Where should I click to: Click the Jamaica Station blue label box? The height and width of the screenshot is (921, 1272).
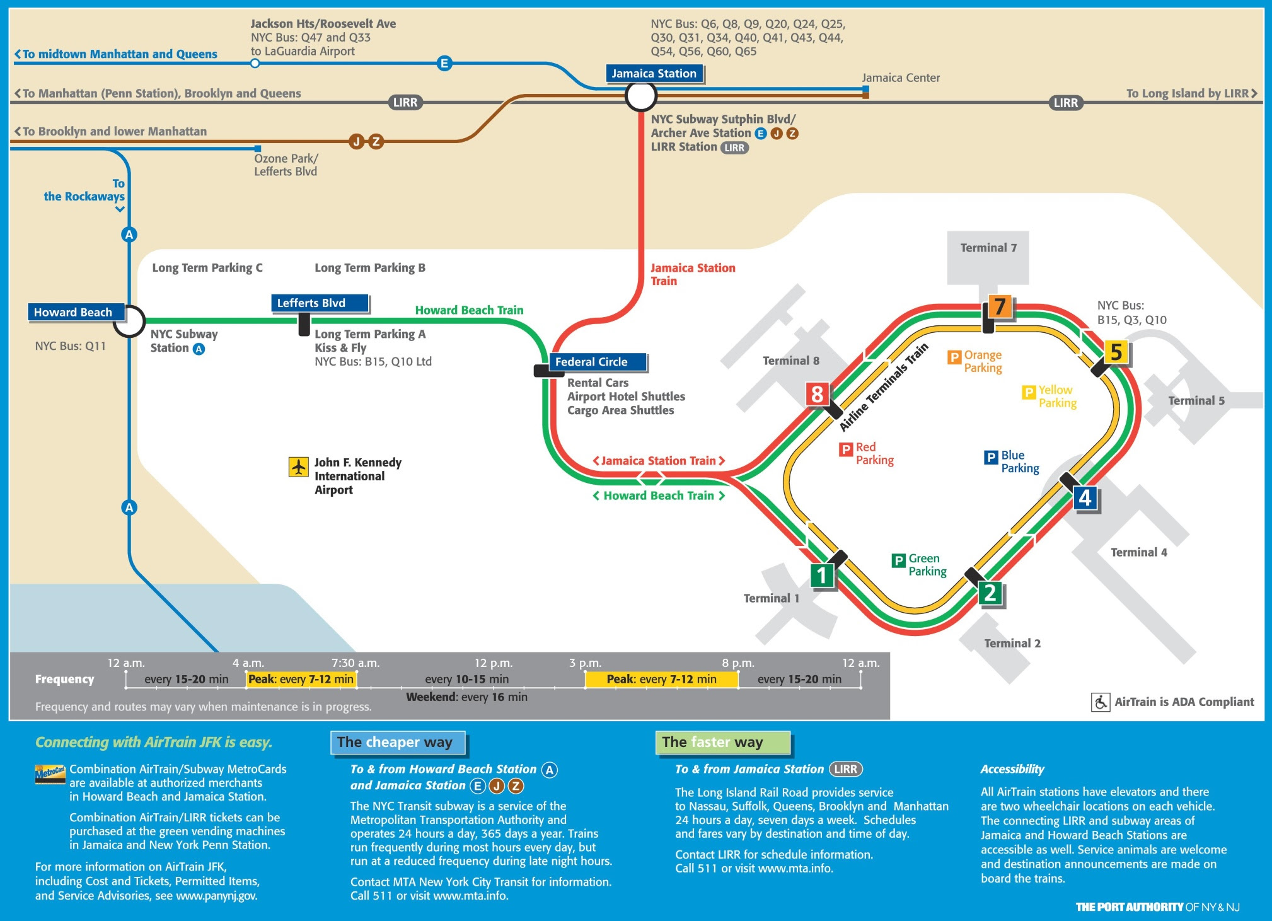point(654,74)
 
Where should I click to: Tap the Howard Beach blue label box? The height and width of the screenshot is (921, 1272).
point(74,312)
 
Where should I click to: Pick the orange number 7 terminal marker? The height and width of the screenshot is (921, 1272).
point(999,306)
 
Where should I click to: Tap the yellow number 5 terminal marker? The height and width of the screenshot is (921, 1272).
point(1116,352)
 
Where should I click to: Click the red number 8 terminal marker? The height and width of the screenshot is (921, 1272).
point(817,394)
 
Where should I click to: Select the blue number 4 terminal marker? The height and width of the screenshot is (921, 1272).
point(1085,498)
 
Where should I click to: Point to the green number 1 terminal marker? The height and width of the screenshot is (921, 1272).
point(822,575)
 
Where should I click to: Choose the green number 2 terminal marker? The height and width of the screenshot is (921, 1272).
point(990,593)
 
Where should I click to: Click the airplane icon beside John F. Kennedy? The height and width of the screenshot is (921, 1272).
point(298,467)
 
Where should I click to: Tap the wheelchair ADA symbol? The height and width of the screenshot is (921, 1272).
point(1101,702)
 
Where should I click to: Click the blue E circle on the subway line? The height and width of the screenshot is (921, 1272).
point(444,63)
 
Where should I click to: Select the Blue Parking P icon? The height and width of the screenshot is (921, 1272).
point(991,457)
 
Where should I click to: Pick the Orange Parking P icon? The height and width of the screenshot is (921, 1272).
point(954,357)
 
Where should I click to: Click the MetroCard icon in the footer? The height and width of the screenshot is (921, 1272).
point(50,773)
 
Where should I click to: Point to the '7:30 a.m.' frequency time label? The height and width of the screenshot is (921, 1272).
point(356,663)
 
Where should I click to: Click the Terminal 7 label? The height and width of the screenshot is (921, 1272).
point(988,248)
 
